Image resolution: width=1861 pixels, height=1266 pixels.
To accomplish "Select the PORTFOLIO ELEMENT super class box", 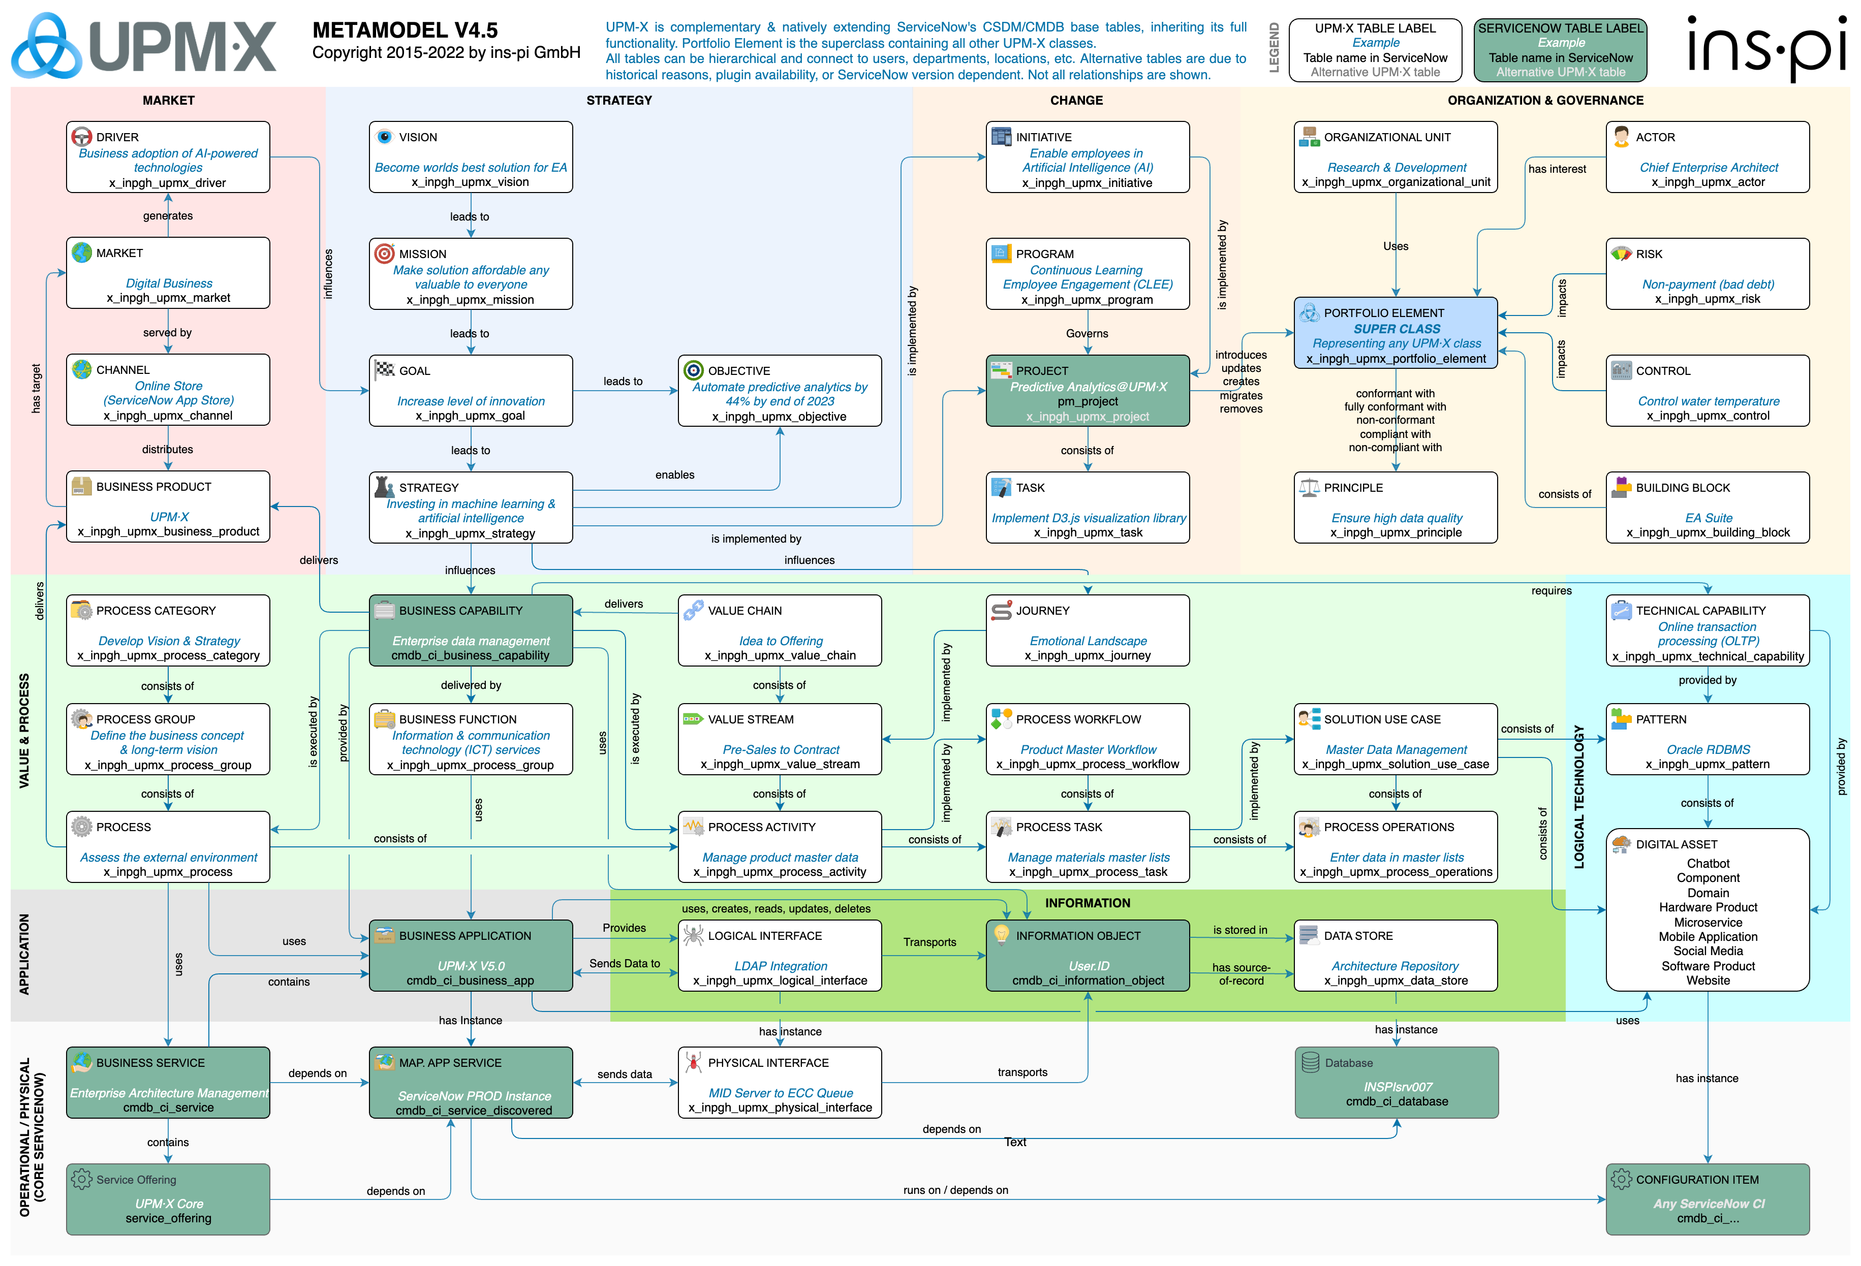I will click(x=1395, y=334).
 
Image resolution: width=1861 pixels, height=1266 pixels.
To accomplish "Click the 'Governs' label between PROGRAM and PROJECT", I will click(x=1087, y=333).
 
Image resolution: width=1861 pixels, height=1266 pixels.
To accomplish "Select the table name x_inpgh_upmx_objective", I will click(x=779, y=417).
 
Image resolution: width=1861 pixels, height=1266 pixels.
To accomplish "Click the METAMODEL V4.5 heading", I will click(x=405, y=30).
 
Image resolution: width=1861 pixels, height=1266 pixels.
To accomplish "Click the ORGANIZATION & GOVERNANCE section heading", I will click(x=1545, y=100).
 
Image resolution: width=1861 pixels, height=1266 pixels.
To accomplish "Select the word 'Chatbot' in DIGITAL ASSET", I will click(x=1707, y=863).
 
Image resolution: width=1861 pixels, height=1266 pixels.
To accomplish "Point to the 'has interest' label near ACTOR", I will click(x=1556, y=169).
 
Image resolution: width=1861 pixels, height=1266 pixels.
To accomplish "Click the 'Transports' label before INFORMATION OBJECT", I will click(x=929, y=942).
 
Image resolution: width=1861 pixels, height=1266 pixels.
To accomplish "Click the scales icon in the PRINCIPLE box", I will click(x=1309, y=487).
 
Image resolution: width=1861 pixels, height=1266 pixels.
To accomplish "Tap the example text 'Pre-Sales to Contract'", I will click(x=780, y=749).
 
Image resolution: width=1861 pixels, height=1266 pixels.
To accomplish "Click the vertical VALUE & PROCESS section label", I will click(x=24, y=731).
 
